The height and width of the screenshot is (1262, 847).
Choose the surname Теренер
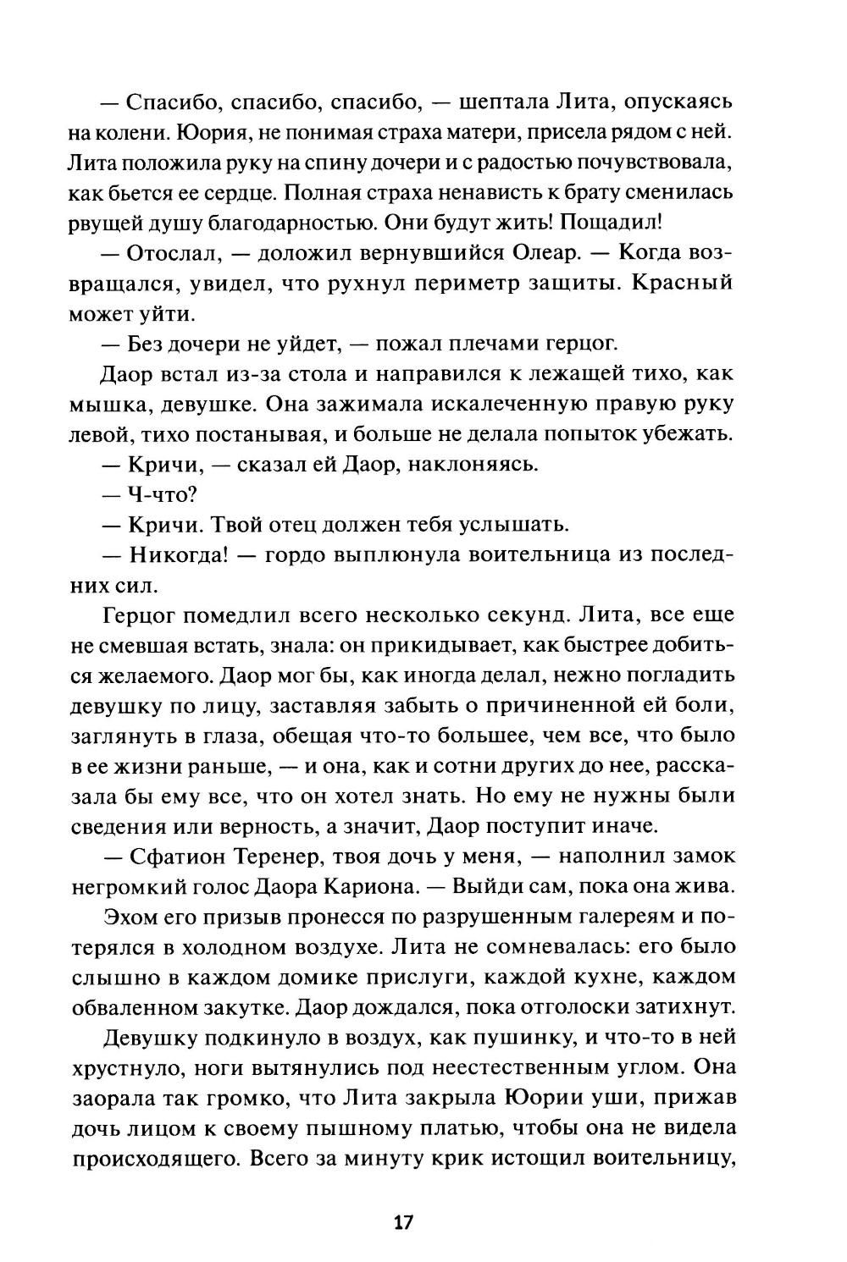coord(289,856)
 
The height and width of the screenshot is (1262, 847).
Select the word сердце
coord(230,191)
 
